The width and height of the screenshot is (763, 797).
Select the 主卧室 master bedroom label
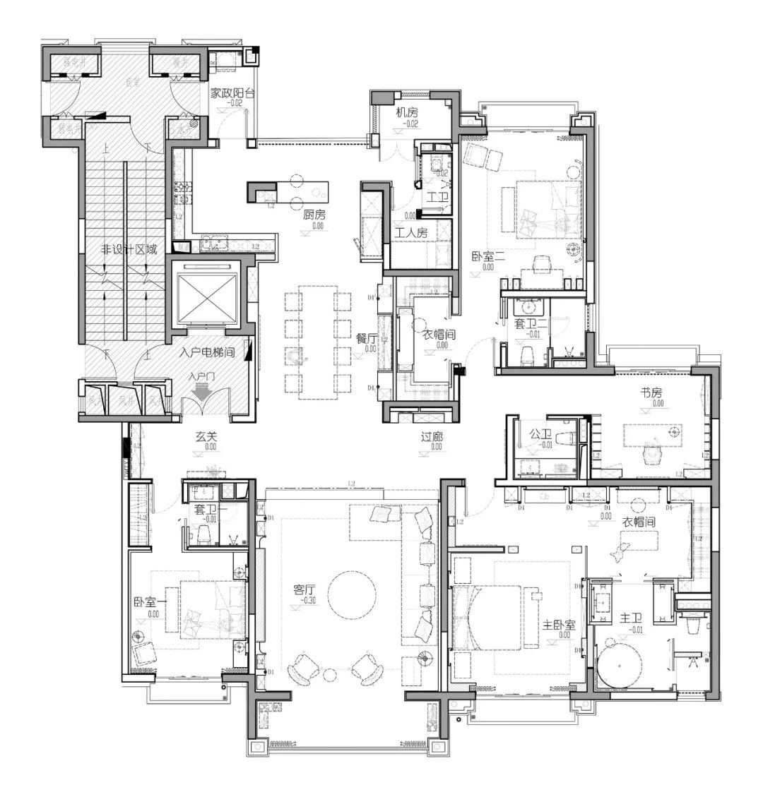560,625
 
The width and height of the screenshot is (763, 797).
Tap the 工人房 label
410,232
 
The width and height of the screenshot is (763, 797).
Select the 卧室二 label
487,257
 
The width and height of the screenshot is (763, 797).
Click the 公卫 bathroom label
540,434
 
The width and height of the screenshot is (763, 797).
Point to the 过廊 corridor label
432,436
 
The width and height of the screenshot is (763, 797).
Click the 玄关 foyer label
206,436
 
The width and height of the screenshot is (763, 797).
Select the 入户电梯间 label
206,351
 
